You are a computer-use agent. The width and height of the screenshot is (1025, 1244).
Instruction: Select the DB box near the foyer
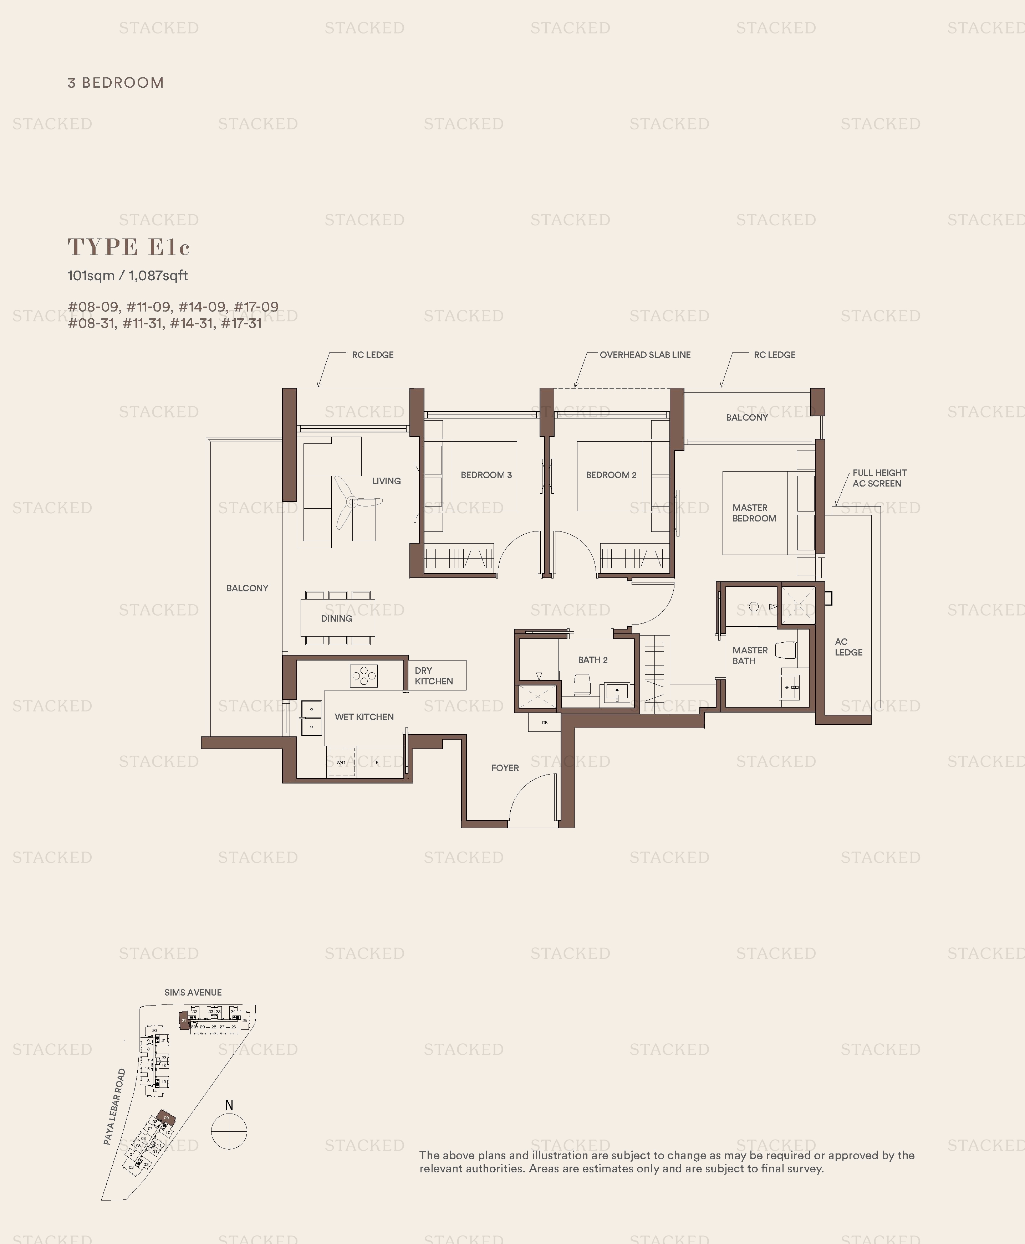(x=544, y=722)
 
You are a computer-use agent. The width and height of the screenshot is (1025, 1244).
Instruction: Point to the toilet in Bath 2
(x=582, y=686)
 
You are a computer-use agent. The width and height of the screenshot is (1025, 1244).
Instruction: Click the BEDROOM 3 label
(x=486, y=474)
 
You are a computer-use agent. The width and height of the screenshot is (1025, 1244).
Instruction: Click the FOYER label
(x=505, y=768)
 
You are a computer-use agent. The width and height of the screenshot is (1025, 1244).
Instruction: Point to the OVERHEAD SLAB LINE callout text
(x=645, y=355)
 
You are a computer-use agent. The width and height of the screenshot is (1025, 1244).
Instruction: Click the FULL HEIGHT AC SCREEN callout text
(x=879, y=478)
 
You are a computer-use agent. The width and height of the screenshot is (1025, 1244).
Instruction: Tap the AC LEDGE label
(x=848, y=647)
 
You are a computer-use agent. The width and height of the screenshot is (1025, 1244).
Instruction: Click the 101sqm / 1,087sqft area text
(x=128, y=276)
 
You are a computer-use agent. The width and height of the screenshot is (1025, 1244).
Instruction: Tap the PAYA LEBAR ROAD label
(x=114, y=1106)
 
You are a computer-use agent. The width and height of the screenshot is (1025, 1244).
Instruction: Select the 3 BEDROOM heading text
(x=116, y=83)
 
